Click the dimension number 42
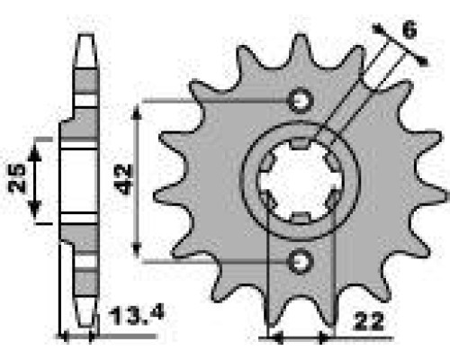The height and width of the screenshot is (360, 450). point(124,179)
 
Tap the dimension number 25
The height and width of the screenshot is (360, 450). point(16,178)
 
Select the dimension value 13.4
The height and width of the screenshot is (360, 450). point(137,314)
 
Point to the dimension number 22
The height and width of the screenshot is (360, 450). point(369,321)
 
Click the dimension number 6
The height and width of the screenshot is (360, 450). point(409,30)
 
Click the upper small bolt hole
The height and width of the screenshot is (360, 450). point(301,101)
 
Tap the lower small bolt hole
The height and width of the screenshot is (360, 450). point(301,261)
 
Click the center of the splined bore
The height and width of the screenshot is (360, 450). point(301,181)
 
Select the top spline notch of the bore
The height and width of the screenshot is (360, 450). point(301,143)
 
